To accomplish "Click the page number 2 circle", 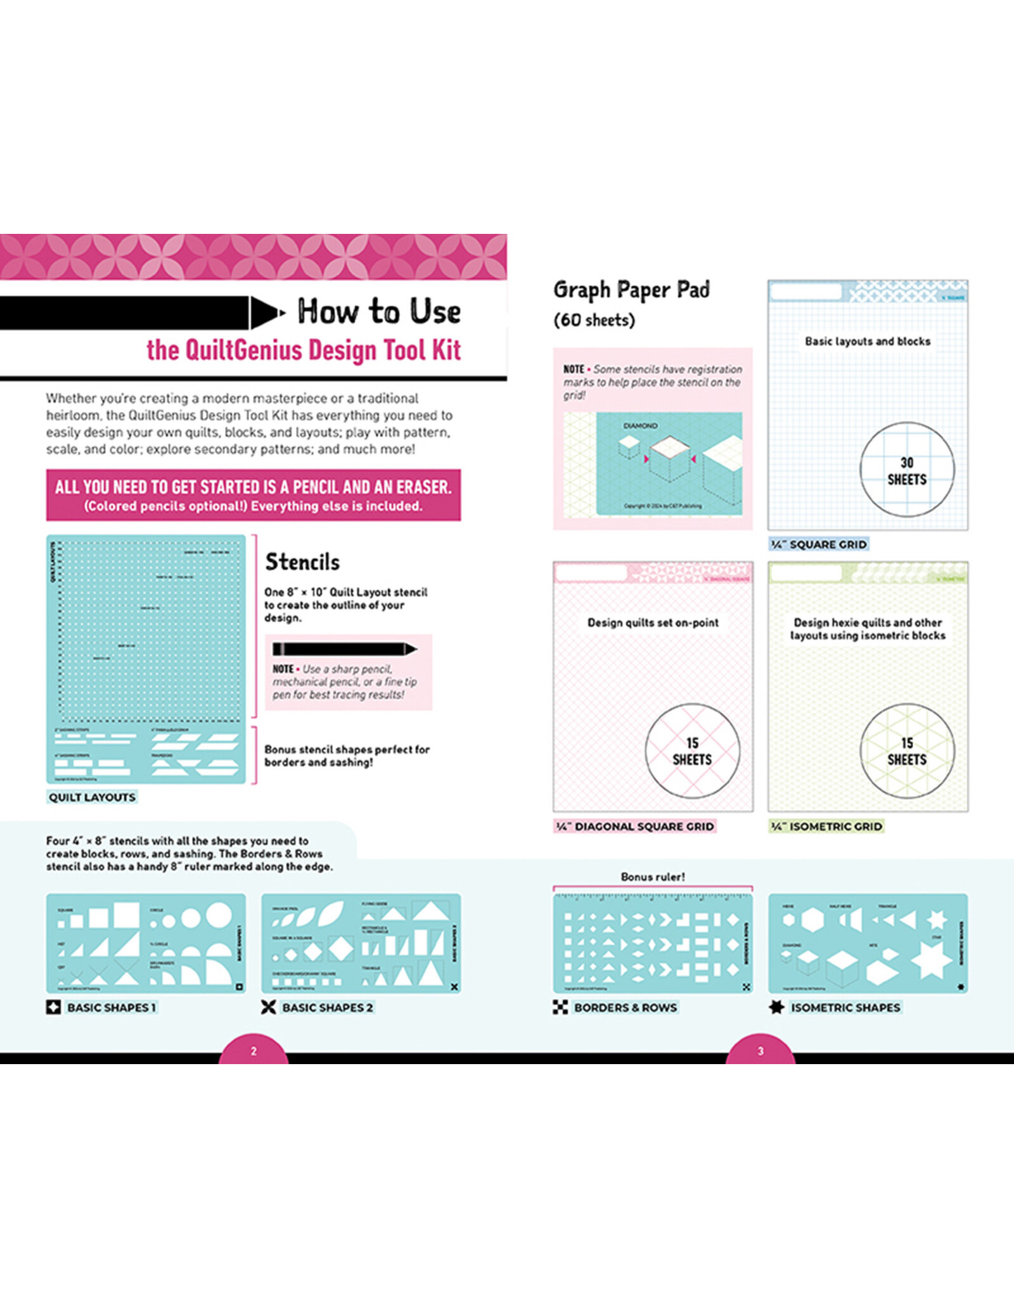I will (253, 1051).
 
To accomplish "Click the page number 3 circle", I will (760, 1051).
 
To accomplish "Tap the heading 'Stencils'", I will (302, 562).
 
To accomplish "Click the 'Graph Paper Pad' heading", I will (631, 290).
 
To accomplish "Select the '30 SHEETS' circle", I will (907, 470).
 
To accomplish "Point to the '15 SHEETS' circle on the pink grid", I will (692, 751).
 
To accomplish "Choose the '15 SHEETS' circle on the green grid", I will (907, 751).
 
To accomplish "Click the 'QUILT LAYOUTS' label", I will (93, 797).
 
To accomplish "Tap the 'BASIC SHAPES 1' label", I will (111, 1007).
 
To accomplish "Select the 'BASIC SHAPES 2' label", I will (327, 1007).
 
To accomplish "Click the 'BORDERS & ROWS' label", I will (625, 1007).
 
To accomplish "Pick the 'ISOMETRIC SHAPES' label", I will (845, 1007).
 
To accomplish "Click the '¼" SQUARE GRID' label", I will (819, 544).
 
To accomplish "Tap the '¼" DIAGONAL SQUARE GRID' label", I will (635, 826).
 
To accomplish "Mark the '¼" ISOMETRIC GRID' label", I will (826, 826).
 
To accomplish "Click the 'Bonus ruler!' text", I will (653, 877).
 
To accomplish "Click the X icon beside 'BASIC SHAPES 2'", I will (269, 1007).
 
